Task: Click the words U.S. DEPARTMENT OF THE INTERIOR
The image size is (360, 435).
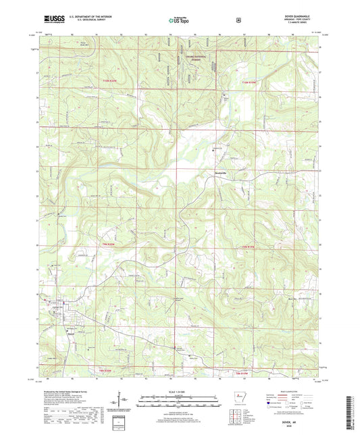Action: [x=88, y=19]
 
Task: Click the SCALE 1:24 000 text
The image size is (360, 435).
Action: [x=179, y=390]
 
